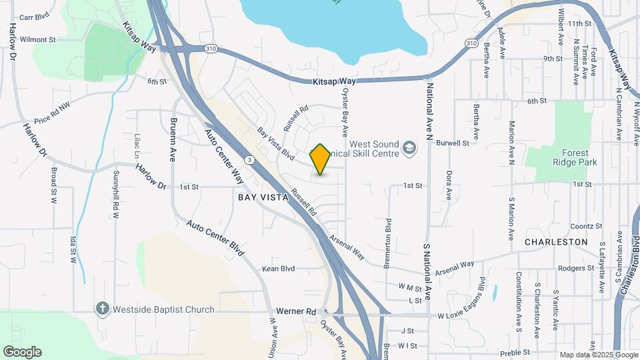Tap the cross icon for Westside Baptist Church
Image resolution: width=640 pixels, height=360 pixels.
[x=102, y=309]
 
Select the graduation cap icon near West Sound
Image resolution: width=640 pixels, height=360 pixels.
[x=410, y=146]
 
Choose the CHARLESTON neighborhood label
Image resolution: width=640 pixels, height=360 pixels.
[x=556, y=242]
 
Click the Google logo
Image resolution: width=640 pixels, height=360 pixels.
[x=22, y=352]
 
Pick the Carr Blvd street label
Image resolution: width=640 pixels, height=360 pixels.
[x=35, y=17]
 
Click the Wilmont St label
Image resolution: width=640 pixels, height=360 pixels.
[x=38, y=39]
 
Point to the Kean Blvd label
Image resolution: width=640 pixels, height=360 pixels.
[x=278, y=269]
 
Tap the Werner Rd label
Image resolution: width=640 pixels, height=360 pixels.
[x=296, y=311]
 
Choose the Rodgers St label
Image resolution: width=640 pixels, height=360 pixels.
[x=576, y=268]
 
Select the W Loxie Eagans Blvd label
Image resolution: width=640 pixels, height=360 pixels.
[x=475, y=315]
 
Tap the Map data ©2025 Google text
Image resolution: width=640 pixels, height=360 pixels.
[x=599, y=355]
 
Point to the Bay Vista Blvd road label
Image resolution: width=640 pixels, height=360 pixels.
[x=276, y=144]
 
